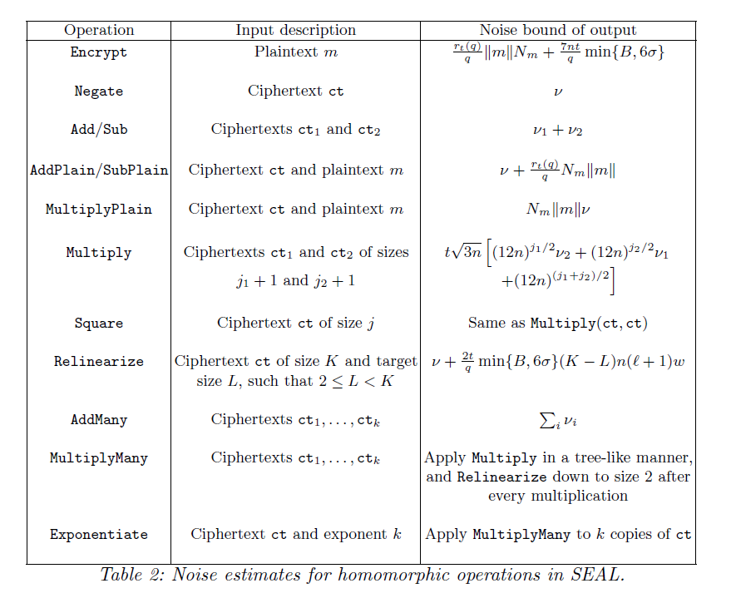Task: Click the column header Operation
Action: point(99,31)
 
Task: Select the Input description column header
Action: point(295,31)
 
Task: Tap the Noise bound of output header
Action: point(557,31)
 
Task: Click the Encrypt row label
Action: point(99,52)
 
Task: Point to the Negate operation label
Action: point(99,91)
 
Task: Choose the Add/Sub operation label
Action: point(99,130)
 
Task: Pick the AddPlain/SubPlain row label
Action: point(99,170)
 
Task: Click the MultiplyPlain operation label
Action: point(99,209)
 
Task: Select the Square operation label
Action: point(99,323)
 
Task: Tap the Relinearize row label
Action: point(99,362)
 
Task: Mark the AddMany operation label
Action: point(99,420)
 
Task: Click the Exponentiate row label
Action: point(99,535)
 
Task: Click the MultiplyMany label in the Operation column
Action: point(99,458)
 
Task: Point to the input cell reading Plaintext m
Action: point(295,52)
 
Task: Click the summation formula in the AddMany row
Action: point(557,421)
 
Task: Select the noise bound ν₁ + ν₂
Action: point(557,131)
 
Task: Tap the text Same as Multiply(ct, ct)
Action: point(557,323)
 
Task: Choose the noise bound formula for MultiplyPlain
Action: point(557,210)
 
